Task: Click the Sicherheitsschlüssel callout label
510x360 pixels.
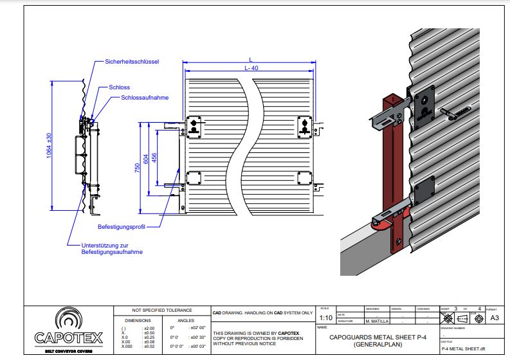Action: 132,62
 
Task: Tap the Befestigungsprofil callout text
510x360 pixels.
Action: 121,227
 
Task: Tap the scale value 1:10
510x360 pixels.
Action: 325,318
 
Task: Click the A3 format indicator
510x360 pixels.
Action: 495,318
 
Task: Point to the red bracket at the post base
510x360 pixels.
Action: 383,222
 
